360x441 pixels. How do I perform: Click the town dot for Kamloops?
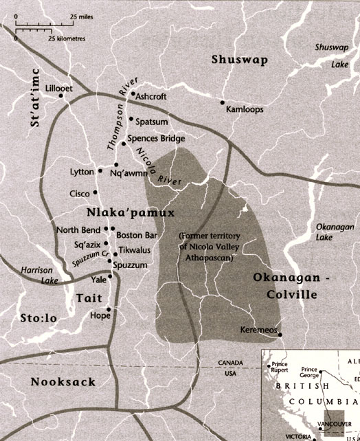click(x=223, y=103)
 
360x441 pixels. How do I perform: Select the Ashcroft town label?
click(x=151, y=97)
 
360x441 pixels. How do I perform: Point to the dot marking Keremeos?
click(x=280, y=335)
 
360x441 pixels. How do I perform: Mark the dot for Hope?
click(x=108, y=310)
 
